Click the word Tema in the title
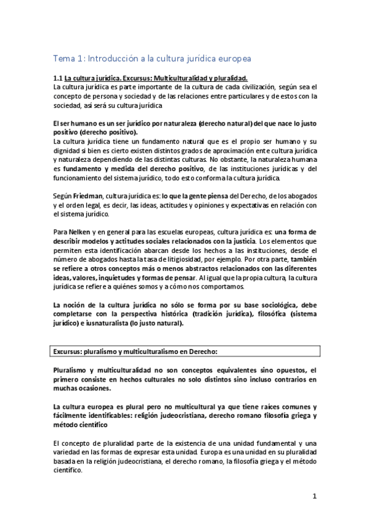tap(63, 58)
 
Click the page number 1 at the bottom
tap(314, 496)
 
